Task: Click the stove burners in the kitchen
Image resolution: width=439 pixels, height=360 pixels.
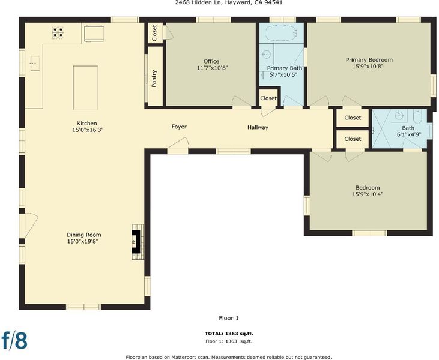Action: [58, 33]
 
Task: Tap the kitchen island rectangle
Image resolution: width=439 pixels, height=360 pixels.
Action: [85, 88]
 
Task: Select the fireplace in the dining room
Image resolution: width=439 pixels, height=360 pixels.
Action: [138, 242]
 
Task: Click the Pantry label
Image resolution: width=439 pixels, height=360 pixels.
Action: [154, 79]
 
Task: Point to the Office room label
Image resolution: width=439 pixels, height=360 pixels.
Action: [211, 61]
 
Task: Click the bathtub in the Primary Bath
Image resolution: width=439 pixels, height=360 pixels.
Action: [281, 33]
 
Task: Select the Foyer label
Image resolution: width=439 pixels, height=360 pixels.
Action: [179, 127]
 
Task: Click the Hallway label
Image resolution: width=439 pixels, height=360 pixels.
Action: [258, 128]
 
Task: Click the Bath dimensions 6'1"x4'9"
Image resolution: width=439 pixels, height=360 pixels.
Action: [409, 134]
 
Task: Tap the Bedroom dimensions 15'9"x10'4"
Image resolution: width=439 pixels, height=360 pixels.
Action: [368, 194]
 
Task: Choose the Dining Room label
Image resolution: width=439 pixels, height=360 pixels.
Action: [84, 235]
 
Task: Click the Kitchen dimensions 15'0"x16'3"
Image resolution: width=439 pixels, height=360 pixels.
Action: [86, 130]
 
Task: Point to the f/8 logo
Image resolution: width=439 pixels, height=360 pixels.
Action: [14, 340]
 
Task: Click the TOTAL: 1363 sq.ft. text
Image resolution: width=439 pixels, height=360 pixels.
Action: [229, 334]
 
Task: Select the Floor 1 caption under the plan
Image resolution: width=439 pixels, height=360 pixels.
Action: [229, 318]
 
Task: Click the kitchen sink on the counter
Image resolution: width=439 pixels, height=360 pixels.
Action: [34, 64]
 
